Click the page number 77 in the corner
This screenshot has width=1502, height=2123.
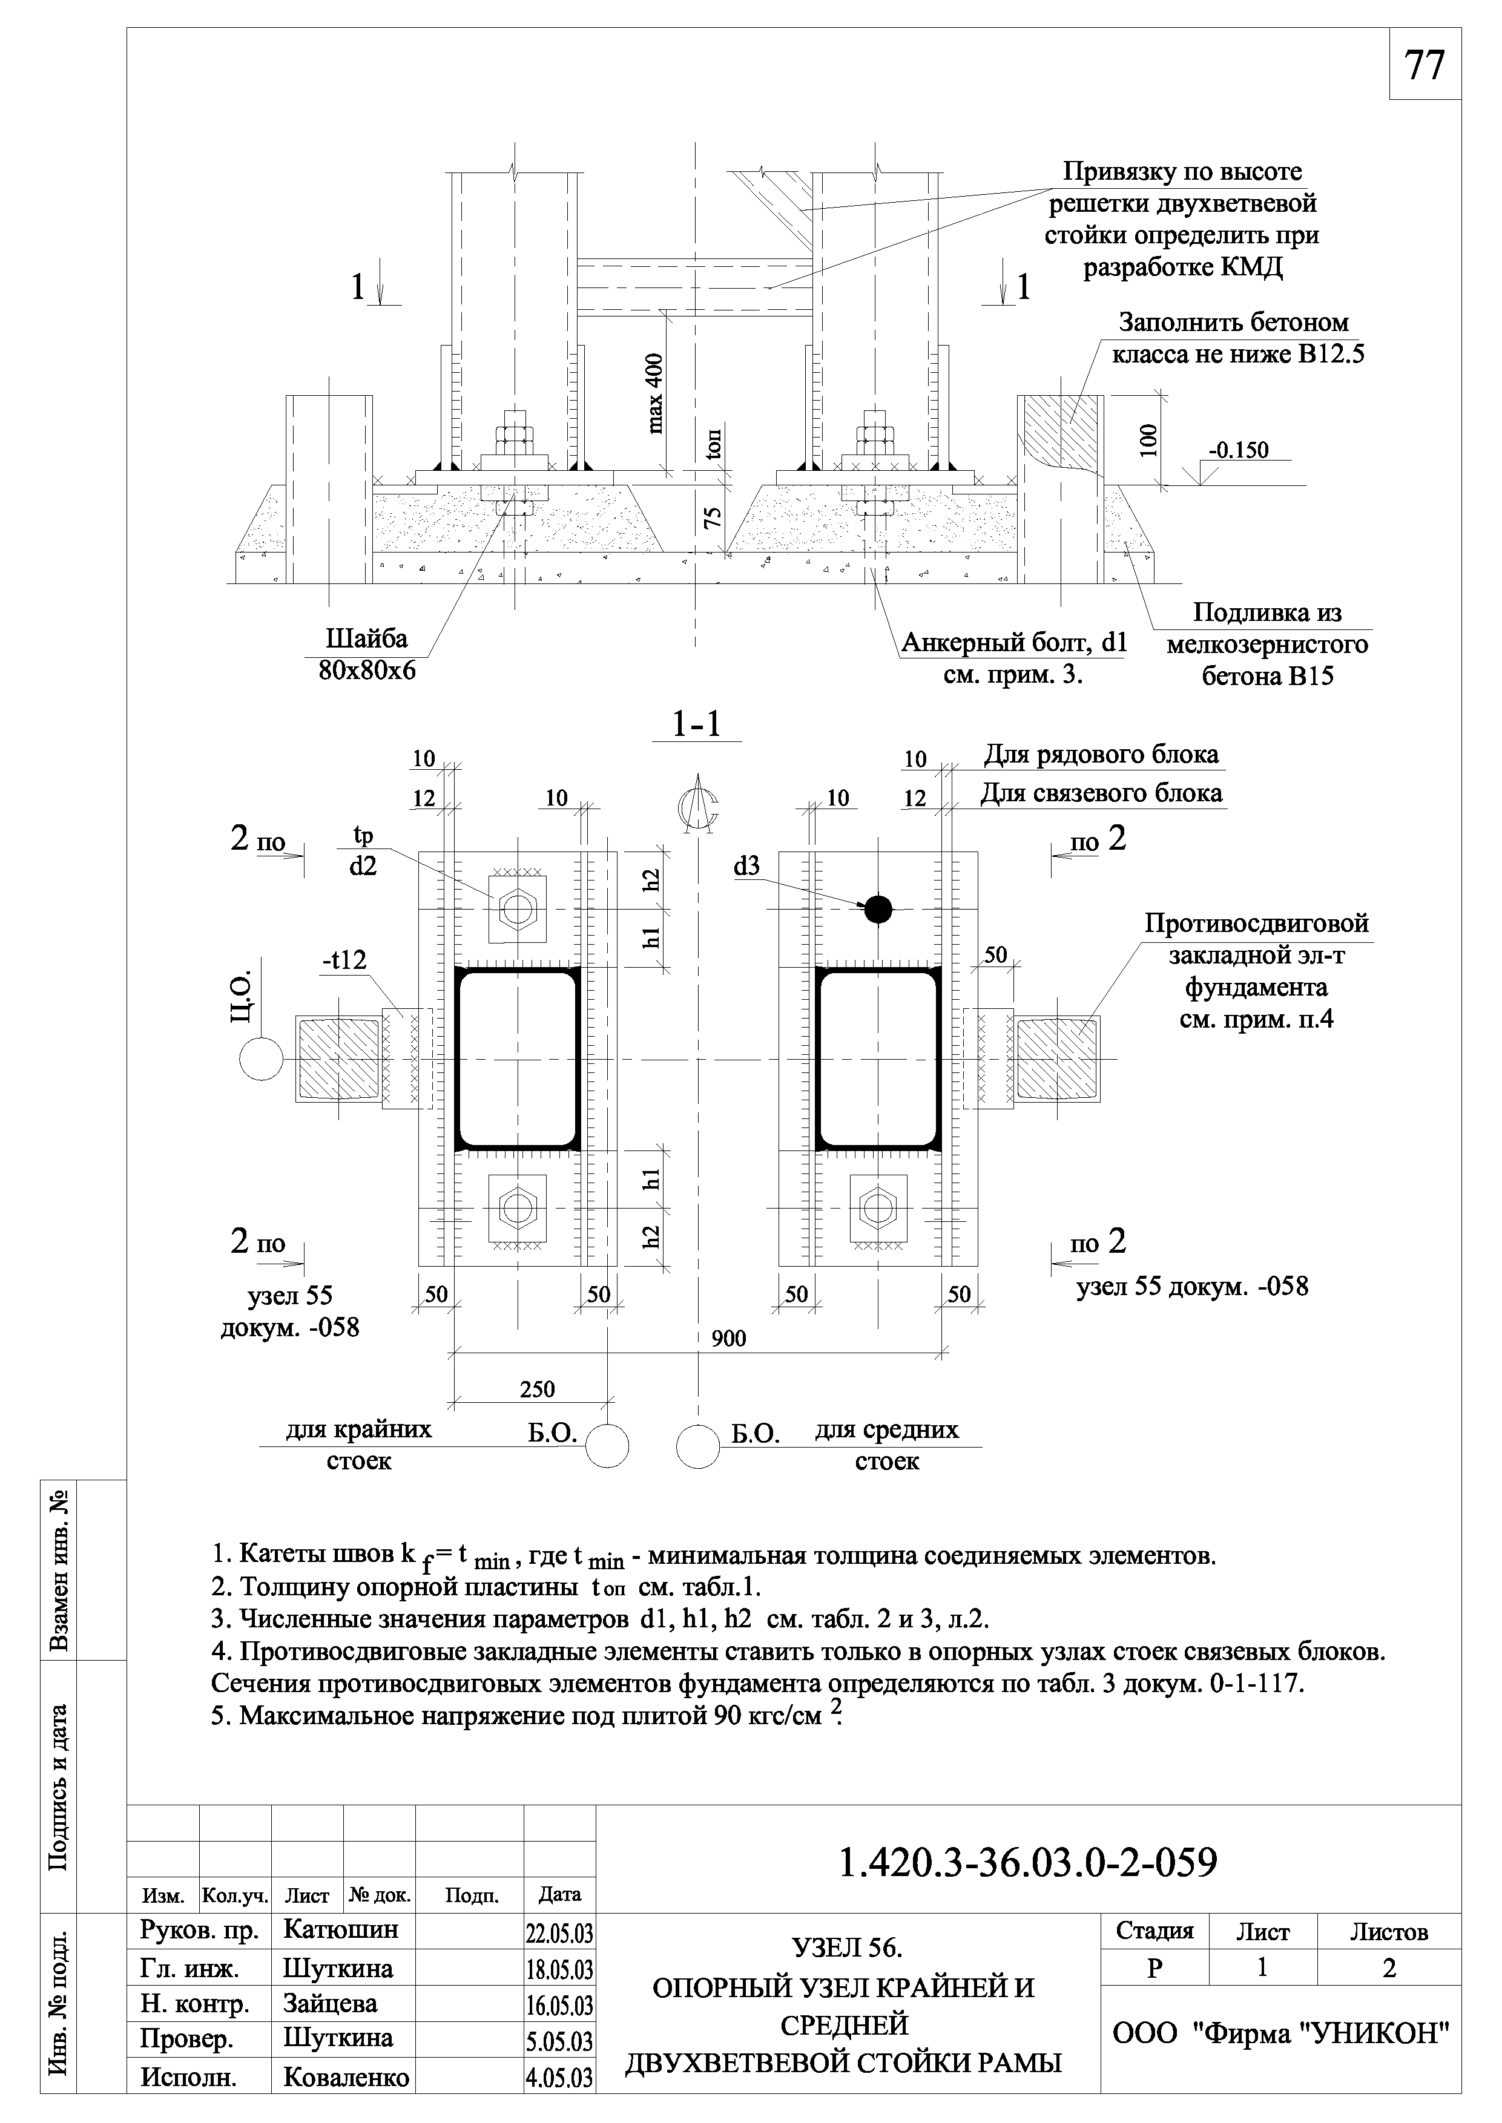[x=1425, y=65]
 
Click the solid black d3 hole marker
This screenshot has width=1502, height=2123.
[x=878, y=910]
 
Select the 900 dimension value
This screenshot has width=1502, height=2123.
[x=729, y=1338]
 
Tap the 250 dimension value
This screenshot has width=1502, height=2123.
[x=538, y=1389]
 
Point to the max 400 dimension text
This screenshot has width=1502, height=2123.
[x=656, y=393]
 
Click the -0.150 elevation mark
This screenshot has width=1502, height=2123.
[x=1239, y=450]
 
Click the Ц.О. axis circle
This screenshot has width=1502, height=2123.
[x=261, y=1058]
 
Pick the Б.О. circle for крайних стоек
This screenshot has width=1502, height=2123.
[x=607, y=1445]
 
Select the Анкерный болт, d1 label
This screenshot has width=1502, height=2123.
[x=1013, y=641]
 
